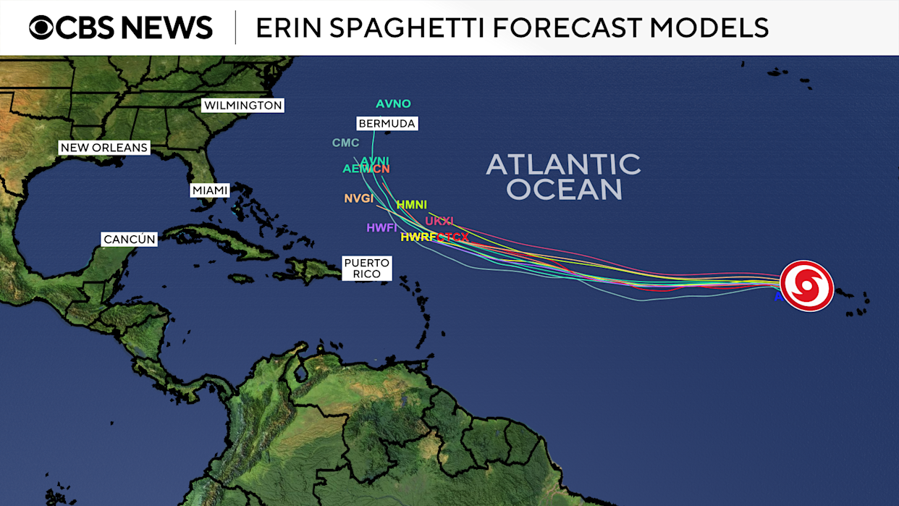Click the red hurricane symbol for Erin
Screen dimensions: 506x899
(806, 285)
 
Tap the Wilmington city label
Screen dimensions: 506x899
(242, 106)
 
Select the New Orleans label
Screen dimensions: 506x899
(104, 148)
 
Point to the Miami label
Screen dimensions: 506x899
(210, 190)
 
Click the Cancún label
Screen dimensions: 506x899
(130, 239)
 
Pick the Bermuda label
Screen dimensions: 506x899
(387, 124)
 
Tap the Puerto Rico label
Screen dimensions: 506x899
(366, 268)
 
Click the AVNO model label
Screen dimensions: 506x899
(393, 104)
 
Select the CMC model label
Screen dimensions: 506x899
(345, 143)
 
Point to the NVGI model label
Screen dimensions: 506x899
(358, 198)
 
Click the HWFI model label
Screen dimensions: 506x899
(381, 228)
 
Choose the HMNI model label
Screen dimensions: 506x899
(411, 205)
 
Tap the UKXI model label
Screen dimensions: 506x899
(439, 221)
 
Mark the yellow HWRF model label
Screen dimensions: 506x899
(418, 237)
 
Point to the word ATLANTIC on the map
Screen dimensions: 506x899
(563, 164)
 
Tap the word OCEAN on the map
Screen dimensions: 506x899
(564, 190)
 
